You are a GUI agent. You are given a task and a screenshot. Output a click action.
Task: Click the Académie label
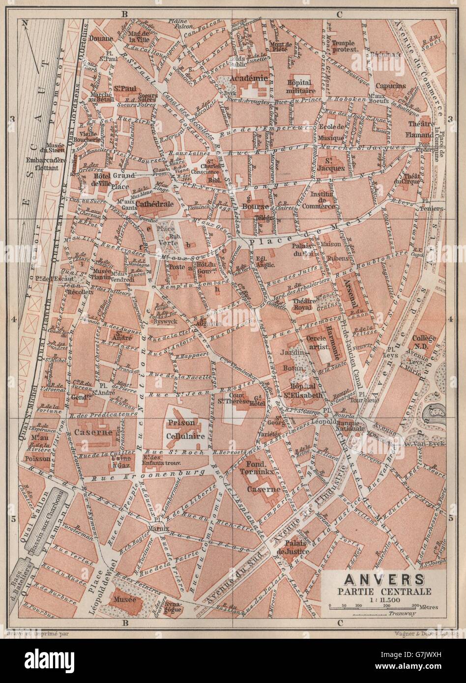pyautogui.click(x=252, y=78)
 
